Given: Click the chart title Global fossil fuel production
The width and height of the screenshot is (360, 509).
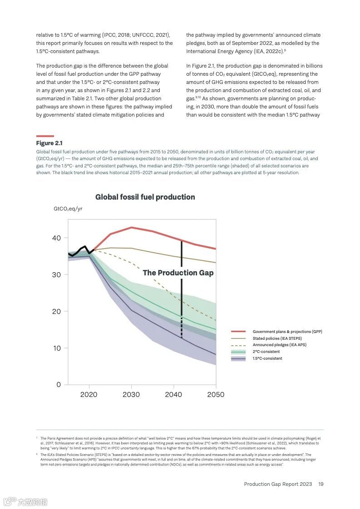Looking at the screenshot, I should (145, 197).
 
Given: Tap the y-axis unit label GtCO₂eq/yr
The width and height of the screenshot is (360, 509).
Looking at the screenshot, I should (68, 209).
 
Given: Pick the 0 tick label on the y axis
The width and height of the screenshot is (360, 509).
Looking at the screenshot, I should (58, 385).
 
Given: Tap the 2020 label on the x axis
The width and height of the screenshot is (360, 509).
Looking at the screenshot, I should (89, 395).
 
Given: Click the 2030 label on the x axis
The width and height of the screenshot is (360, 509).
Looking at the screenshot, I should (131, 395).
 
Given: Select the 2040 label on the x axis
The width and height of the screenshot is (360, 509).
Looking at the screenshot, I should (173, 395).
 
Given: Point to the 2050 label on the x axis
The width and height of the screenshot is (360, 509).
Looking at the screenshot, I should (216, 395).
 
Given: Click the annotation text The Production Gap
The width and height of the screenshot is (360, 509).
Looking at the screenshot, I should (178, 273).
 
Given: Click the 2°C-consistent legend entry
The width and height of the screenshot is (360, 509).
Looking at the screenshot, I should (266, 352).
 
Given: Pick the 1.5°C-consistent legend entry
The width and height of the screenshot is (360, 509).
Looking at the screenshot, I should (267, 358).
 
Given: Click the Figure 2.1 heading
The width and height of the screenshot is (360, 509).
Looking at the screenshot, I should (49, 143).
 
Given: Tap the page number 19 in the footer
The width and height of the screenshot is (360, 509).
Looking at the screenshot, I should (321, 484).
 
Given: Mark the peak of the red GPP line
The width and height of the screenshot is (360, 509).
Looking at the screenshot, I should (131, 227).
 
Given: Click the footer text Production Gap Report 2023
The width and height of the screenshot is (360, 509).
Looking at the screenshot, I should (278, 484).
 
